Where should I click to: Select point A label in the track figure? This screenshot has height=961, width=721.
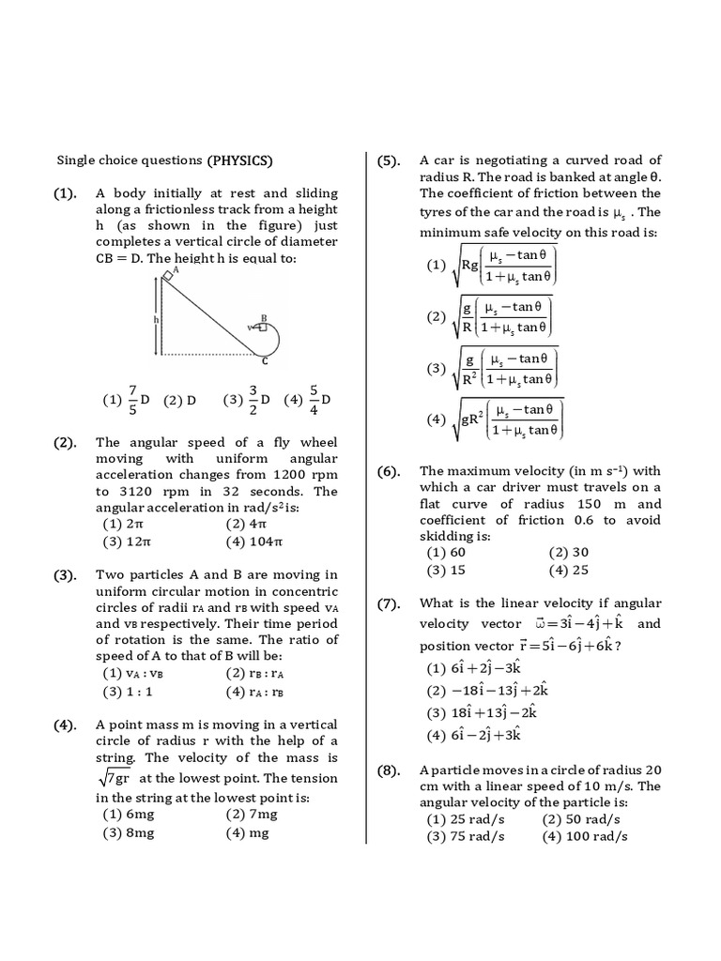click(176, 269)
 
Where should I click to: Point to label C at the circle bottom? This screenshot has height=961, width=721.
click(265, 360)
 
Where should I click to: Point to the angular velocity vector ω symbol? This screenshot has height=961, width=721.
click(539, 624)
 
